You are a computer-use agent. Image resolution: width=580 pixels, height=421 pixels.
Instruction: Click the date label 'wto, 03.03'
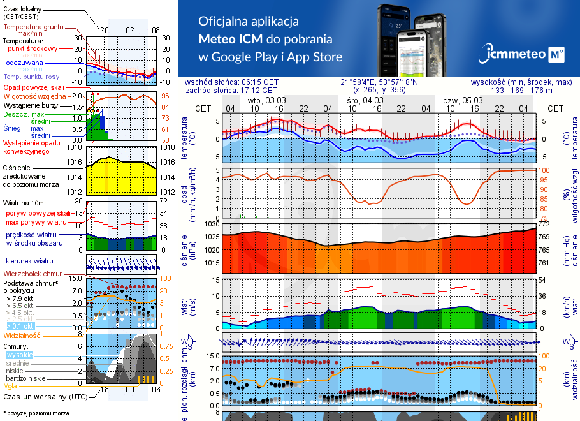[x=266, y=100]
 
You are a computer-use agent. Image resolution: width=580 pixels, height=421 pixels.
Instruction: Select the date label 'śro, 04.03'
[x=365, y=100]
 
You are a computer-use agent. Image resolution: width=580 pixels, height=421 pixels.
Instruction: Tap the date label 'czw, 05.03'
[x=463, y=100]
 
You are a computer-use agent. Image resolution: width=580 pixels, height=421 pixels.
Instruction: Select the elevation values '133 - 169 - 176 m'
[x=521, y=91]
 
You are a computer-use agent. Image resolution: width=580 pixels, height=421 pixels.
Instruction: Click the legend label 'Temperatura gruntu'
[x=33, y=27]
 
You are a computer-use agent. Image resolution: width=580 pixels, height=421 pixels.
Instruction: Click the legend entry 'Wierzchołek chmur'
[x=35, y=273]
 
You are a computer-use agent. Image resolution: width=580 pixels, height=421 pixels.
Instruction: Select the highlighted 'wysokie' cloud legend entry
[x=18, y=355]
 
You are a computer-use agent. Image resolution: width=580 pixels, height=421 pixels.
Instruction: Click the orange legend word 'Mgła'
[x=10, y=386]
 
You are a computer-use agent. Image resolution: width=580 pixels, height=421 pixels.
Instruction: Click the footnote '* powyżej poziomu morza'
[x=36, y=413]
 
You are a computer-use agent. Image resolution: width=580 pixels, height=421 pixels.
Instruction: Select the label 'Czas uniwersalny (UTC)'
[x=45, y=397]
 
